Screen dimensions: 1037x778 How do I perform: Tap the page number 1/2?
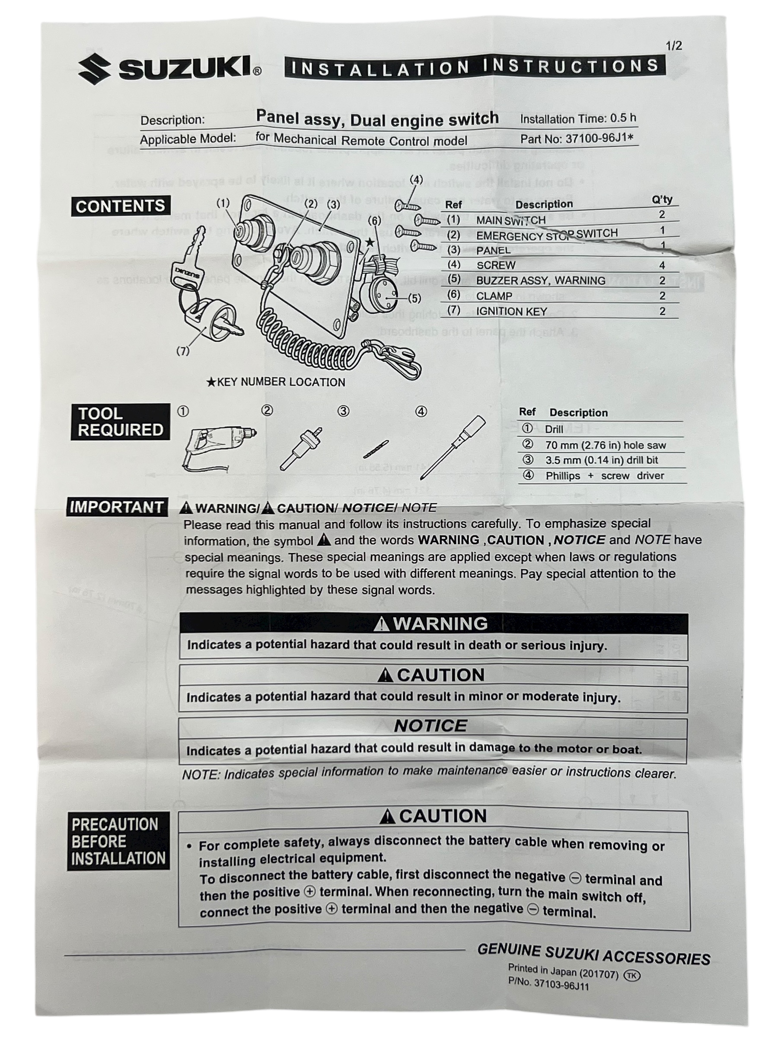click(673, 46)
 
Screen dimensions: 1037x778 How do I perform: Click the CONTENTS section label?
click(120, 206)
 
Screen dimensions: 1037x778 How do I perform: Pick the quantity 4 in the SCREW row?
click(662, 265)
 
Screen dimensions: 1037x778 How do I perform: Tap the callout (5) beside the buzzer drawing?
click(414, 298)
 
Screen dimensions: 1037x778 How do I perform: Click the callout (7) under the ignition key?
click(183, 351)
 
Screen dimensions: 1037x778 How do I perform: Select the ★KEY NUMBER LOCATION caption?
click(276, 382)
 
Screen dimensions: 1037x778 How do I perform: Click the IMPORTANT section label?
click(116, 507)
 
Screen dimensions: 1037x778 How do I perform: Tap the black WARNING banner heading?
click(433, 623)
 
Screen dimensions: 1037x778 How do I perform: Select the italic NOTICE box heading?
click(430, 726)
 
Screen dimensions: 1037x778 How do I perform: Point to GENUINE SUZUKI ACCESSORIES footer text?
click(593, 955)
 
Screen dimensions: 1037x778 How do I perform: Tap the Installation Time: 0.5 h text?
click(578, 119)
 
